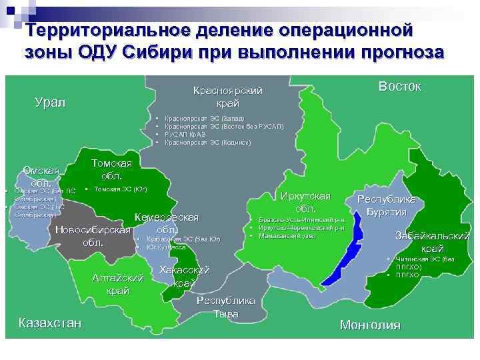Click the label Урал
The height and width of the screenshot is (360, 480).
click(x=51, y=103)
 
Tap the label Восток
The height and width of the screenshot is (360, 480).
click(x=399, y=87)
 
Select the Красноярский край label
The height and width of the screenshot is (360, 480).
click(x=227, y=97)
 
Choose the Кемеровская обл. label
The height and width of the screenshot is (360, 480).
click(x=167, y=223)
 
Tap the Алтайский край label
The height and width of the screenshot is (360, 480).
click(x=118, y=284)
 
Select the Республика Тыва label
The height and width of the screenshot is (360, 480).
click(x=225, y=307)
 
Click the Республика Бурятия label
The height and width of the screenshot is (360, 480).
click(x=387, y=205)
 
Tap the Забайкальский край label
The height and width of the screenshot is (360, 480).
click(x=432, y=242)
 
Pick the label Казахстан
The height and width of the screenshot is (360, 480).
click(x=51, y=323)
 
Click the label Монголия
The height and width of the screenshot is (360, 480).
click(x=370, y=325)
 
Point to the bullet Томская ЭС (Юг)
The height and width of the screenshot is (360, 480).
click(x=121, y=189)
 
